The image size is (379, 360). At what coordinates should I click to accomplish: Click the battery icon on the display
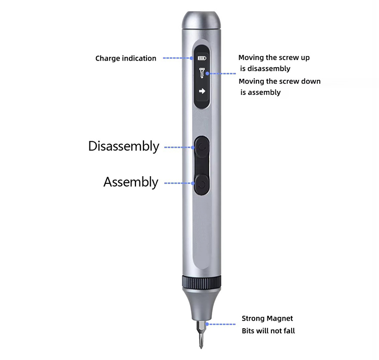tap(202, 58)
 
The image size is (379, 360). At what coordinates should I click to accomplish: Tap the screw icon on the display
tap(202, 73)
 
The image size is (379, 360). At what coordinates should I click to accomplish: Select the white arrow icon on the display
tap(202, 91)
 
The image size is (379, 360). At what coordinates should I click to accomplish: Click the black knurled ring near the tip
tap(202, 282)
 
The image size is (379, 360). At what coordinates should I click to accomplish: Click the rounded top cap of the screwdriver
tap(201, 20)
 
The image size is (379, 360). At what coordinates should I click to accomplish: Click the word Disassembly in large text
tap(124, 146)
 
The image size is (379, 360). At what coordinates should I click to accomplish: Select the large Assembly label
tap(131, 182)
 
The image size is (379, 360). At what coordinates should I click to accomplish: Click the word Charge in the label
tap(108, 59)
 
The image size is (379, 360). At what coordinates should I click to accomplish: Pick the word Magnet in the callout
tap(280, 319)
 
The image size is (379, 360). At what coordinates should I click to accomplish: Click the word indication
tap(139, 58)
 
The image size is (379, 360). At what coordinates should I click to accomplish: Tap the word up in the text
tap(305, 58)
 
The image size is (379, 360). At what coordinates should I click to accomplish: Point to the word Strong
tap(253, 319)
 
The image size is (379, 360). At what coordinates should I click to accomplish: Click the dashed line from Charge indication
tap(178, 58)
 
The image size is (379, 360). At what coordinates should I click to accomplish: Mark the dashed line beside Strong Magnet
tap(220, 324)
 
